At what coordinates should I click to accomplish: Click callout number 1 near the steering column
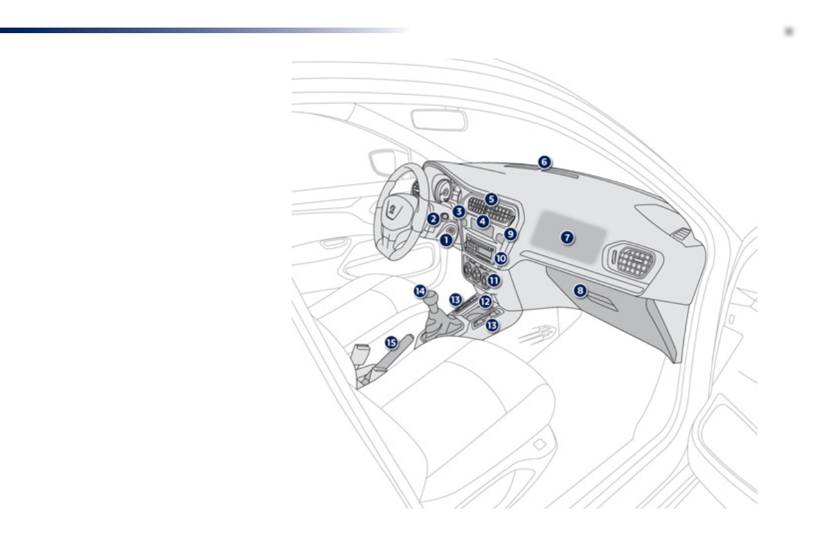pyautogui.click(x=446, y=240)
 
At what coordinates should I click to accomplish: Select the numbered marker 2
pyautogui.click(x=433, y=219)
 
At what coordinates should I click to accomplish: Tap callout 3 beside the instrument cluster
pyautogui.click(x=459, y=211)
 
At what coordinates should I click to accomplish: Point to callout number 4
pyautogui.click(x=483, y=222)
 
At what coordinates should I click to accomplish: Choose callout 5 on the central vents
pyautogui.click(x=491, y=199)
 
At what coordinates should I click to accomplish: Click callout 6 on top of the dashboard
pyautogui.click(x=544, y=162)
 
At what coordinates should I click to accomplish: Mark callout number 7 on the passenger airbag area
pyautogui.click(x=567, y=237)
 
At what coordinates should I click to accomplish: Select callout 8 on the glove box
pyautogui.click(x=580, y=290)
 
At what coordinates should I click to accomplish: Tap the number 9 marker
pyautogui.click(x=510, y=234)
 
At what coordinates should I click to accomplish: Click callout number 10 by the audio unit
pyautogui.click(x=501, y=258)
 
